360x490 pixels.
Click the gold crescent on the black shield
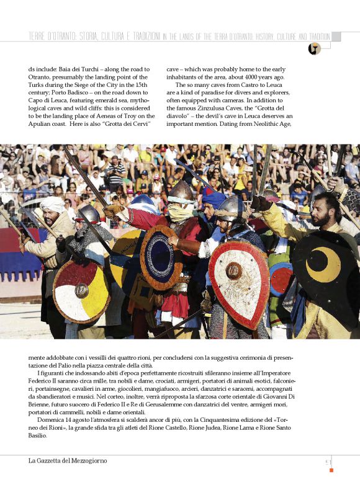(327, 266)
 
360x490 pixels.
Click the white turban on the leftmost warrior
(52, 203)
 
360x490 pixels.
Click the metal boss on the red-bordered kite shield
(233, 270)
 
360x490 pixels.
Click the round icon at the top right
(314, 49)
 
